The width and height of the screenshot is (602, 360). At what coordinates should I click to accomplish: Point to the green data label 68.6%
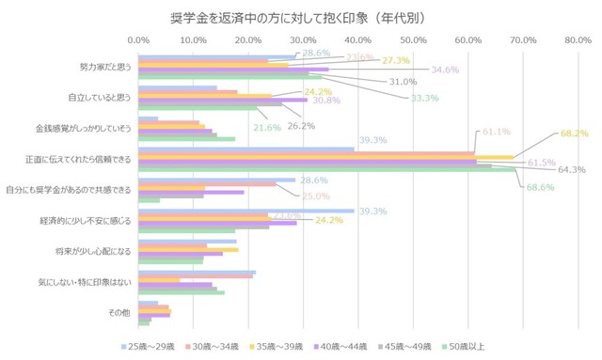[x=540, y=187]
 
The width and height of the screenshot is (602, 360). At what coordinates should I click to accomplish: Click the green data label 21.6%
[x=267, y=128]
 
